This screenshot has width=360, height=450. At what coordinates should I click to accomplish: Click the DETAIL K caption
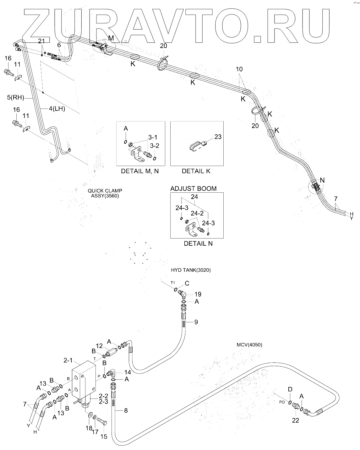point(196,171)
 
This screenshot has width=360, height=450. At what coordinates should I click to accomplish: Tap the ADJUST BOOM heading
point(193,189)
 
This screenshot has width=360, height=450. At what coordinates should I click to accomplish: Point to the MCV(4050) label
point(249,345)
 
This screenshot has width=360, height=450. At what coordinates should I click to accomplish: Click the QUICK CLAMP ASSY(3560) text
point(105,193)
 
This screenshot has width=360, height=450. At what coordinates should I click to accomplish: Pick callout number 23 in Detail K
point(218,137)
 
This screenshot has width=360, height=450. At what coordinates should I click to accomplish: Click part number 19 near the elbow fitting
point(198,294)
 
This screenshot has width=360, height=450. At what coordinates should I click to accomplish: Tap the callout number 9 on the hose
point(196,322)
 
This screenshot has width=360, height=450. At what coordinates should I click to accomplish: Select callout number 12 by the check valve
point(99,346)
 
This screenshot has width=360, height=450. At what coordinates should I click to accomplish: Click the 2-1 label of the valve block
point(68,361)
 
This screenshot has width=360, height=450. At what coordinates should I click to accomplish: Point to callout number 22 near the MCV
point(296,421)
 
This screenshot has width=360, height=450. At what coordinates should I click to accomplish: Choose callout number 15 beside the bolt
point(103,437)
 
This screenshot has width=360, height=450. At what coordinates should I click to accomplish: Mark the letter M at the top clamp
point(111,38)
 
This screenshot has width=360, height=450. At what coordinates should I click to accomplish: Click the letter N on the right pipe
point(322,180)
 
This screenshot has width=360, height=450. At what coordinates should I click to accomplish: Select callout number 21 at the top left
point(41,41)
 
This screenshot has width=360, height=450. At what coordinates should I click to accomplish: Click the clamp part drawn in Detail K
point(198,146)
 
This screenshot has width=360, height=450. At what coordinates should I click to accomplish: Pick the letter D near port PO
point(290,389)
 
